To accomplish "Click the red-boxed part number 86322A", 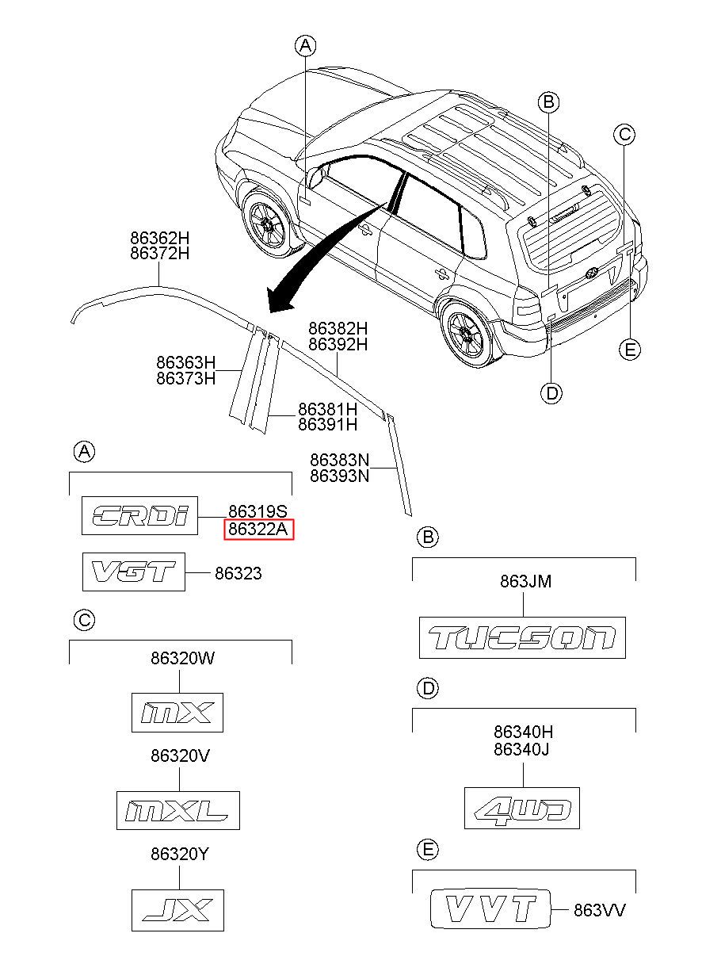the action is coord(259,529).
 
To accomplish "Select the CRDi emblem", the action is coord(139,515).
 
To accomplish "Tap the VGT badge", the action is coord(134,572).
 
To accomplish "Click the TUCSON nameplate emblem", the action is coord(522,637).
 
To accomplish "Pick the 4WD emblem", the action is coord(522,808).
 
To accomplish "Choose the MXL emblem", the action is coord(177,810).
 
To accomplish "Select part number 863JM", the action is coord(525,582).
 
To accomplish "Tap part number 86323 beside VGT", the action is coord(238,573).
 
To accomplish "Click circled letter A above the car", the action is coord(305,45).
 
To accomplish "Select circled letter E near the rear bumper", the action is coord(630,350).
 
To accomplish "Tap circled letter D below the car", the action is coord(551,392).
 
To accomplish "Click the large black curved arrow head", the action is coord(278,298).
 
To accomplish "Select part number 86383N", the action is coord(339,460).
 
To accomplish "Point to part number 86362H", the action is coord(160,238).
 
